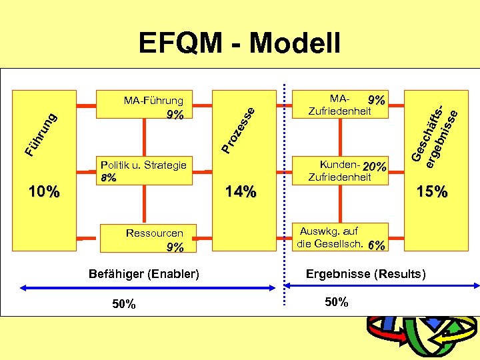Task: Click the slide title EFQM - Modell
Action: (x=239, y=43)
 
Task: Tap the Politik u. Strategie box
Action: (x=144, y=170)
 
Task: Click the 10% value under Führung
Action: (x=44, y=193)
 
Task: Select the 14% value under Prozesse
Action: (x=241, y=193)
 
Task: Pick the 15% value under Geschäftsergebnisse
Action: (x=432, y=193)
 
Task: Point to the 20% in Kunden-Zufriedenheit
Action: (x=375, y=167)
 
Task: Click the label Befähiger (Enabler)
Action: (x=144, y=274)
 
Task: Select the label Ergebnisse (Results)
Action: (x=365, y=274)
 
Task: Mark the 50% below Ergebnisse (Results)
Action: (x=337, y=302)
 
